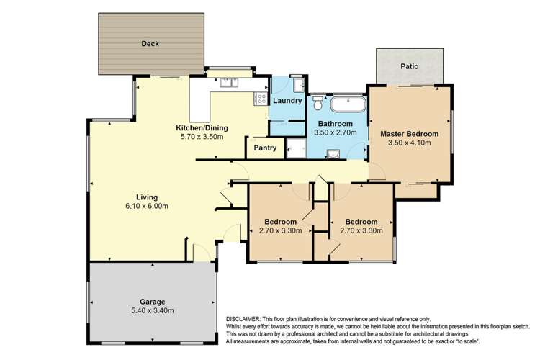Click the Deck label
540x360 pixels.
[x=150, y=44]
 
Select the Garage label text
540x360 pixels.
[x=152, y=302]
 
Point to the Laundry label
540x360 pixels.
[x=287, y=101]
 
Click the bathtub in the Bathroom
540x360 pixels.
[x=348, y=106]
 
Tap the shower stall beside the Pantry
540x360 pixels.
[x=295, y=149]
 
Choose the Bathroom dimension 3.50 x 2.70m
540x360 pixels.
[x=338, y=132]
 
